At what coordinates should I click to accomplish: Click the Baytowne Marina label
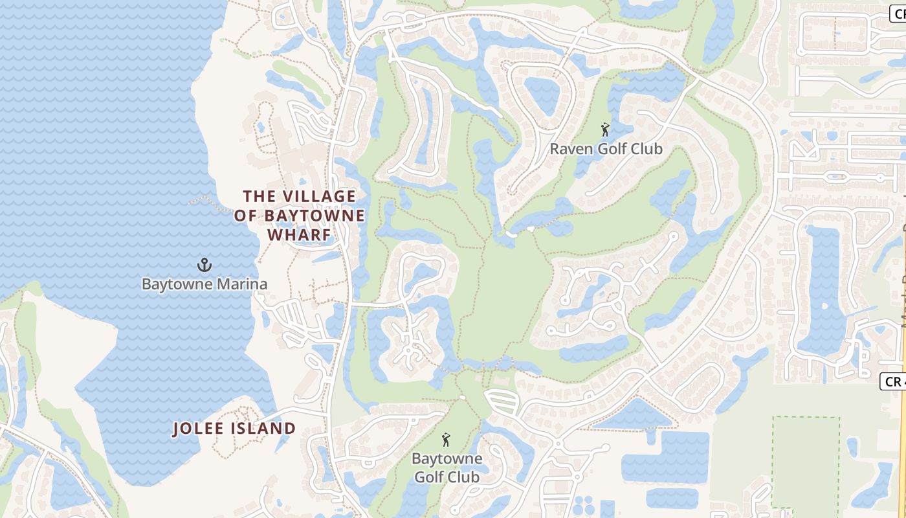click(x=204, y=284)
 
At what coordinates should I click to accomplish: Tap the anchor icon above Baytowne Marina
click(x=204, y=264)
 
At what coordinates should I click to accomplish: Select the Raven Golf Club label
click(x=606, y=149)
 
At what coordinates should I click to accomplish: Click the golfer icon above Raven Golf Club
click(x=605, y=130)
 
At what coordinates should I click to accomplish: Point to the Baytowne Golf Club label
click(x=447, y=467)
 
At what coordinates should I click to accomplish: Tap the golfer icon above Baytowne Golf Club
click(x=445, y=440)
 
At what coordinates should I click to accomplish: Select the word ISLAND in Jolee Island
click(x=264, y=428)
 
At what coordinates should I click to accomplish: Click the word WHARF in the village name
click(x=300, y=234)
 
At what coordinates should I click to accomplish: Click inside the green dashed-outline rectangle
click(x=806, y=461)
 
